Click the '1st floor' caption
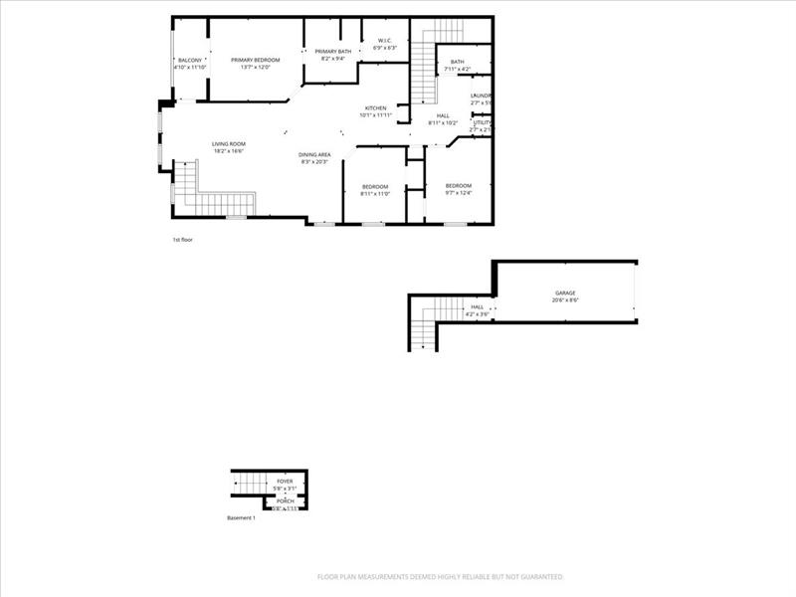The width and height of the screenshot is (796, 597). click(183, 240)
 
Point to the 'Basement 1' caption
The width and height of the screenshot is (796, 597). click(241, 518)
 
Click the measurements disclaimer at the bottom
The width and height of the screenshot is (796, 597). click(441, 576)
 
